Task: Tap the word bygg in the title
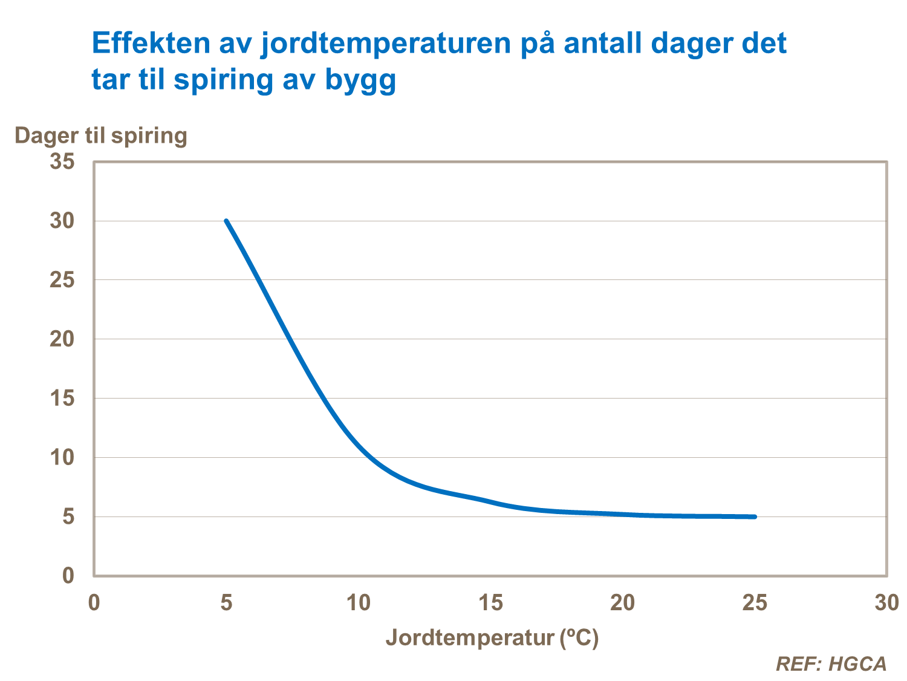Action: pos(360,80)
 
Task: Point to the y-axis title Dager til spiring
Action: pos(100,135)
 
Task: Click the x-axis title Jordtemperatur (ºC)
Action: pos(492,637)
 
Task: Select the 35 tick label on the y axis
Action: pos(62,161)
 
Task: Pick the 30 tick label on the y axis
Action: pos(62,221)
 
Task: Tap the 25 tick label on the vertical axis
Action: pos(62,280)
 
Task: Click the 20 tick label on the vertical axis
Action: pos(62,339)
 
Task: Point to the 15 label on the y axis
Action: pos(62,399)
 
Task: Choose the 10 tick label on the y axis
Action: pos(62,458)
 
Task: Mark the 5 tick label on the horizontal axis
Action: pos(226,603)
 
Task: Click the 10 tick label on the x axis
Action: pos(358,603)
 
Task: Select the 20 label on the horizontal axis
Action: pos(622,603)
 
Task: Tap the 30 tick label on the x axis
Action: pos(886,603)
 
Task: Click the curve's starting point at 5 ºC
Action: pos(226,221)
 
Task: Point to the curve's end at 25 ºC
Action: pos(755,516)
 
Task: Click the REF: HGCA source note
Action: pos(831,664)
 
